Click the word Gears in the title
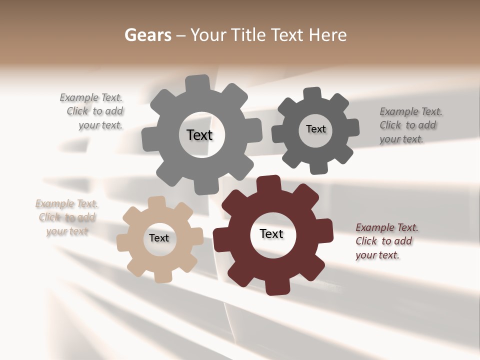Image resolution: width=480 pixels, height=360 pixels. click(x=147, y=35)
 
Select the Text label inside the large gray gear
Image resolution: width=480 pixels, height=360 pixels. click(x=199, y=135)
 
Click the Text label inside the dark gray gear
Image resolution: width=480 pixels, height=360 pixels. click(x=315, y=129)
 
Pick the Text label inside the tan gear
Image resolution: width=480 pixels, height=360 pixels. click(x=159, y=238)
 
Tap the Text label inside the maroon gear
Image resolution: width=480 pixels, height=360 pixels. click(x=271, y=233)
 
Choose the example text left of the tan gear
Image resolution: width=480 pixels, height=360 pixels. click(x=66, y=217)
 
